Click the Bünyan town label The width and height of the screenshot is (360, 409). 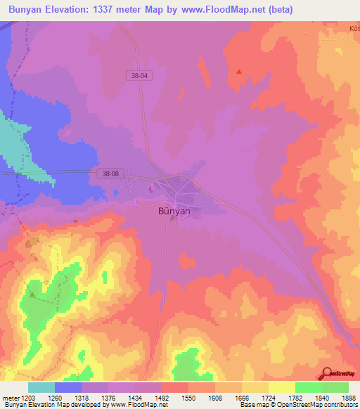pos(173,209)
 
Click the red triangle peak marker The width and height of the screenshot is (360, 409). pos(239,71)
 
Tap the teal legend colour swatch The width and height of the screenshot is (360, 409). pos(41,387)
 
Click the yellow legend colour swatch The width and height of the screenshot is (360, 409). pos(281,387)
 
